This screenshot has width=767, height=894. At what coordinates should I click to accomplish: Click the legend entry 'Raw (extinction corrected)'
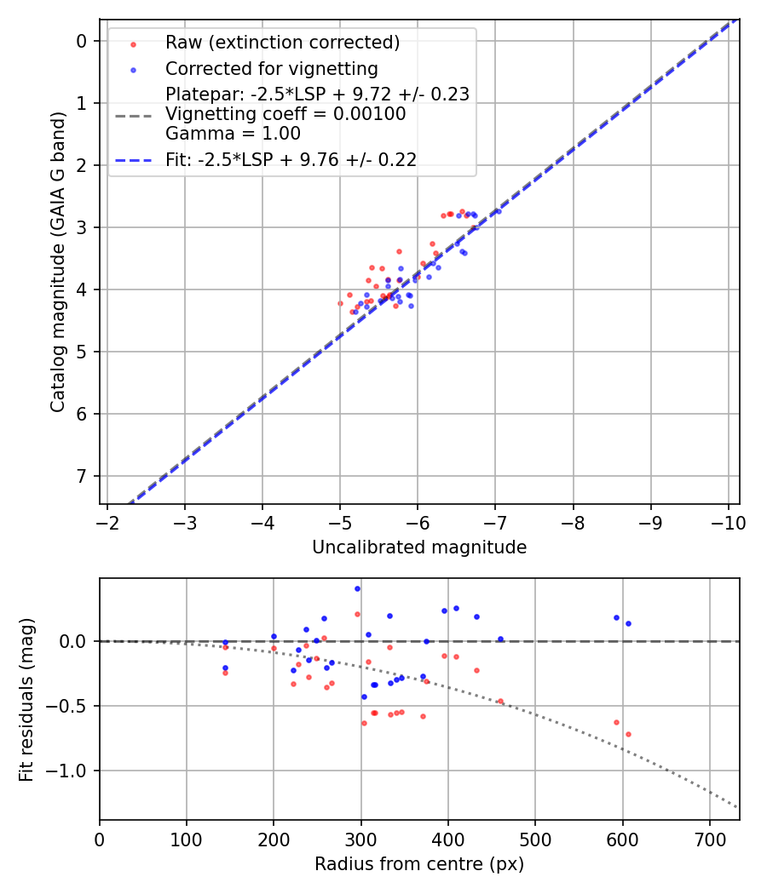point(282,43)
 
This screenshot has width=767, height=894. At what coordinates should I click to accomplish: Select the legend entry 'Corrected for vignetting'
point(272,68)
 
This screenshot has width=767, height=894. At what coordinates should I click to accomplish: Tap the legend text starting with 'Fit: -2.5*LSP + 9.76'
point(291,159)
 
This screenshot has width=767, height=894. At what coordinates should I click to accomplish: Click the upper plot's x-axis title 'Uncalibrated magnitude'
point(419,547)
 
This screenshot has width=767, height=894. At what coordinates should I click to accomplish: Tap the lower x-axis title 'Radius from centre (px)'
point(419,864)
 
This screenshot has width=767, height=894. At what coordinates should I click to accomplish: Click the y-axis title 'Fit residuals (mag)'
point(26,700)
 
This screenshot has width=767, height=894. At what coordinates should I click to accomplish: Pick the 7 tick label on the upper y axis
point(82,476)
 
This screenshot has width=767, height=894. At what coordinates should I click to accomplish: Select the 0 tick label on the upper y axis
point(82,41)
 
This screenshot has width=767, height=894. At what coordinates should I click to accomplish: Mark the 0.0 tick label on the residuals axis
point(75,640)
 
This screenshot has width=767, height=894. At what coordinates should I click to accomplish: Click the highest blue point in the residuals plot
point(357,588)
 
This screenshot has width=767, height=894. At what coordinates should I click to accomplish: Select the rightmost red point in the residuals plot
point(628,734)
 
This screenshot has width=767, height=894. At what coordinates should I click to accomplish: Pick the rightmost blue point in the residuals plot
point(628,623)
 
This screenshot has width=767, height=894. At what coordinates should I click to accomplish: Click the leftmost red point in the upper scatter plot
point(340,303)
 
